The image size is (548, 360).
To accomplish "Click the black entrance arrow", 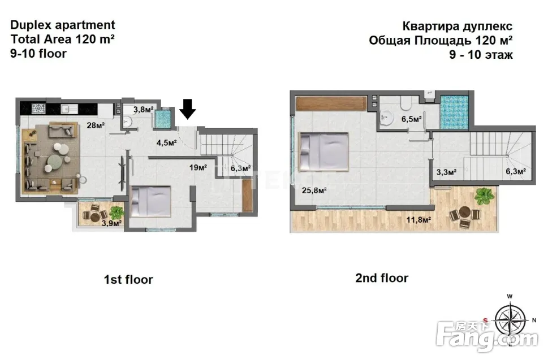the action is [x=188, y=109].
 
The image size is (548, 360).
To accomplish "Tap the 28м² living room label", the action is [x=96, y=125].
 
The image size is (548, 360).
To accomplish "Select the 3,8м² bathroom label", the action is [x=143, y=110].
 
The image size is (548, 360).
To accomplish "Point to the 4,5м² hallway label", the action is [x=166, y=143].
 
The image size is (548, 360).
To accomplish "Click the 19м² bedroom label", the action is [x=198, y=168].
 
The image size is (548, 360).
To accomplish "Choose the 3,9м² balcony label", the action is [x=112, y=223].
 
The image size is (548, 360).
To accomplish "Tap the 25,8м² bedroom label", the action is [x=314, y=190].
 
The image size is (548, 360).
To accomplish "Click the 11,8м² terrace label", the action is [x=418, y=220].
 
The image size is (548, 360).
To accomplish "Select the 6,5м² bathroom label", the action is [x=411, y=119].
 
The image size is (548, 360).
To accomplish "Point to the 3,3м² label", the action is [x=446, y=172].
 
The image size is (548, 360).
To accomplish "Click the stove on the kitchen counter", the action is [x=38, y=109].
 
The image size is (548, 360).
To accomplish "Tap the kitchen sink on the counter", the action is [x=70, y=109].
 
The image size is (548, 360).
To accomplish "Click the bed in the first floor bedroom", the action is [x=151, y=201].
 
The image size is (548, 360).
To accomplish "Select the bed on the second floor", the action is [x=323, y=152].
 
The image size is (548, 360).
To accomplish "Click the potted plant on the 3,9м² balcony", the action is [x=116, y=212].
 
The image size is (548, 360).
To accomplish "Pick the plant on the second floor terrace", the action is [x=484, y=196].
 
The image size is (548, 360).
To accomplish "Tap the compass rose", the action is [x=510, y=320].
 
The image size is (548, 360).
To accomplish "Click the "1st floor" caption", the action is [x=128, y=280].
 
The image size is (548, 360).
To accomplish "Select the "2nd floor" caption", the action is [x=382, y=278].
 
